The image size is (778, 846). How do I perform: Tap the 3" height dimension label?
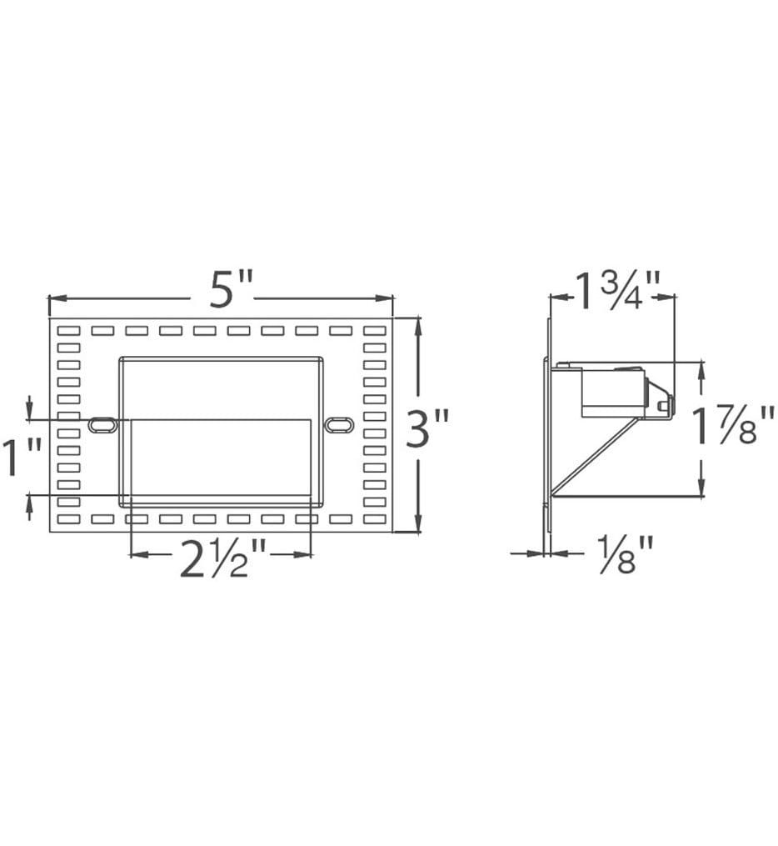[x=427, y=428]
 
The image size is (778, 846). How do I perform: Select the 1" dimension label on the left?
[x=22, y=458]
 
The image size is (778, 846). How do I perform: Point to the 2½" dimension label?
[x=222, y=558]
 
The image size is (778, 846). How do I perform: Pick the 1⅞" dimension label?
[x=734, y=426]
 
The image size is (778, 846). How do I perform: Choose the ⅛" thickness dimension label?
[x=626, y=554]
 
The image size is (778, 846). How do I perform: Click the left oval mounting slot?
[x=103, y=424]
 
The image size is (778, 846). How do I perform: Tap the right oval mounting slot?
[x=339, y=423]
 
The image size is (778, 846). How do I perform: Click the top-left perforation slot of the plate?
[x=68, y=330]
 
